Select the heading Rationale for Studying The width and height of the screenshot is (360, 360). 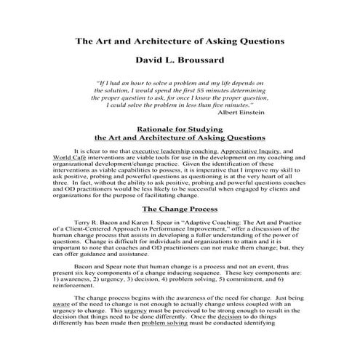click(180, 127)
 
